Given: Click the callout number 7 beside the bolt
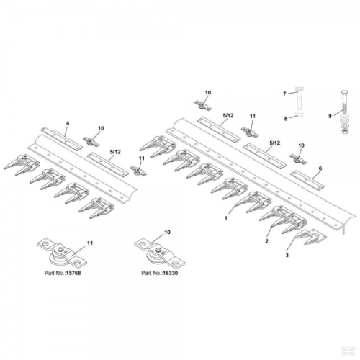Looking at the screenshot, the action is click(284, 94).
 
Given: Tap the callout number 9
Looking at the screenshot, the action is click(330, 117).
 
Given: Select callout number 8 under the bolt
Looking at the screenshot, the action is click(286, 119).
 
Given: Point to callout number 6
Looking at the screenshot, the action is click(320, 168).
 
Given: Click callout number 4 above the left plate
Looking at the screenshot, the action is click(68, 123).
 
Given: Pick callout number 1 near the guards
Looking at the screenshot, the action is click(225, 218).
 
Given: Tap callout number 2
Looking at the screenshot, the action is click(266, 241).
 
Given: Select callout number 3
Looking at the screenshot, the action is click(287, 256).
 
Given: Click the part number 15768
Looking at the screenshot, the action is click(73, 273).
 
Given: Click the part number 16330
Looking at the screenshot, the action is click(171, 273).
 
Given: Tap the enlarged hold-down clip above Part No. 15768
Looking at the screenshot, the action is click(62, 253).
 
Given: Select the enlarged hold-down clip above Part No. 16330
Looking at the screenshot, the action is click(158, 253).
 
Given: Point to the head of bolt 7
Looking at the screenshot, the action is click(299, 89).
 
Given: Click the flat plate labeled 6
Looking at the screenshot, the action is click(307, 181).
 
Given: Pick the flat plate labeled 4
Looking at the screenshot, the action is click(61, 140).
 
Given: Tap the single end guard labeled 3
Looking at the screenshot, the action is click(311, 237).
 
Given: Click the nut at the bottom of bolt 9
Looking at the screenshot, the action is click(344, 131).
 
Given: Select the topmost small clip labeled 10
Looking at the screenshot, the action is click(203, 105).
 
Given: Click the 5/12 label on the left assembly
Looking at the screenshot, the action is click(114, 152).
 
